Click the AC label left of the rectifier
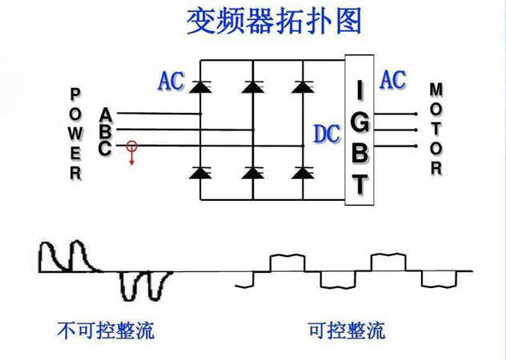(171, 81)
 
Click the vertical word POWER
(76, 133)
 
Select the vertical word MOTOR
(436, 128)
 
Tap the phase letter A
(106, 113)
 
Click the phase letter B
(106, 130)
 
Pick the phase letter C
(106, 147)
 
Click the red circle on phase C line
(131, 146)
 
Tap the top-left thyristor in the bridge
(199, 84)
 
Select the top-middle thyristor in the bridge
(253, 84)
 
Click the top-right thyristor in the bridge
(302, 84)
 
